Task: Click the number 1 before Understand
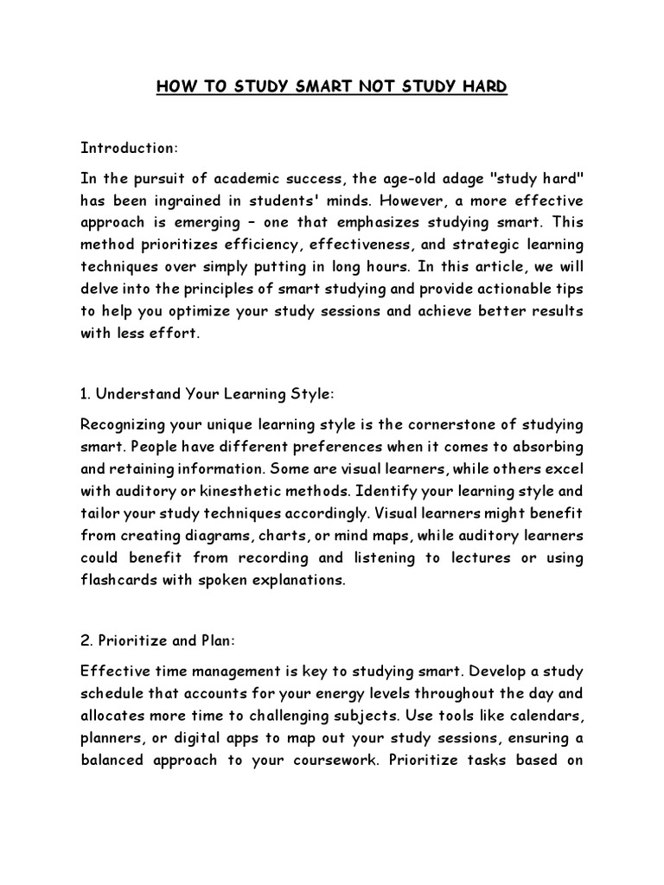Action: pyautogui.click(x=83, y=394)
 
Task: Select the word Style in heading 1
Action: pyautogui.click(x=310, y=394)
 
